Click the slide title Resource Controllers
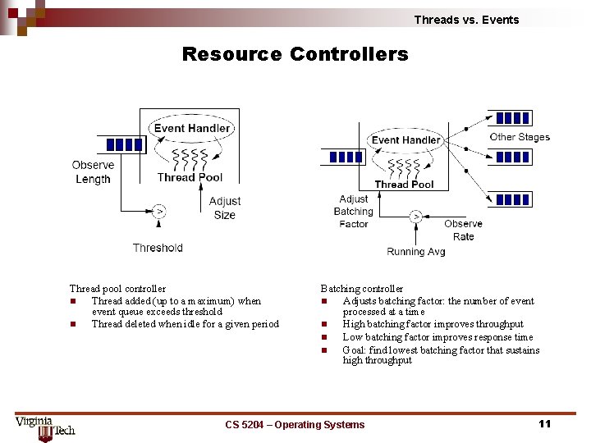[x=295, y=54]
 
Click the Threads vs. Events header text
[x=466, y=20]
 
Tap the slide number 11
[x=543, y=423]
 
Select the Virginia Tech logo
[x=45, y=427]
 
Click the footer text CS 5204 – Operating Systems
[x=295, y=424]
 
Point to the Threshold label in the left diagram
[x=158, y=248]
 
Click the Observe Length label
[x=93, y=172]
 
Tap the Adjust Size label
[x=224, y=208]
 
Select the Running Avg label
[x=416, y=252]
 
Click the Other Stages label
[x=520, y=137]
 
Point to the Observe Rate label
[x=464, y=230]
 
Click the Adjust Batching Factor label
[x=354, y=211]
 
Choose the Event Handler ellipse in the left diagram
[x=192, y=128]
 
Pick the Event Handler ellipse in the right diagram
[x=405, y=140]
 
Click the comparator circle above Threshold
[x=159, y=212]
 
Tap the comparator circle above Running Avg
[x=416, y=217]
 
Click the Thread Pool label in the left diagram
[x=190, y=177]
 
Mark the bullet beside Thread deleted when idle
[x=74, y=324]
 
